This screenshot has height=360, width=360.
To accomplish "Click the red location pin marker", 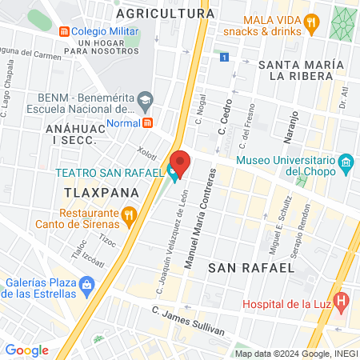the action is pyautogui.click(x=180, y=162).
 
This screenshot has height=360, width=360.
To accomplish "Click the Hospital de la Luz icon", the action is pyautogui.click(x=342, y=302).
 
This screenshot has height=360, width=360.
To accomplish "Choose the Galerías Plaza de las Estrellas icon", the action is pyautogui.click(x=86, y=284).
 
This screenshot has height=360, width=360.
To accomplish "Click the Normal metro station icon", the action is pyautogui.click(x=148, y=122).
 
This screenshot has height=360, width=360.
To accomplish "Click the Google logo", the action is pyautogui.click(x=26, y=350).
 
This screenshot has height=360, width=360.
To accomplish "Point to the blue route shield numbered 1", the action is pyautogui.click(x=226, y=58).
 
